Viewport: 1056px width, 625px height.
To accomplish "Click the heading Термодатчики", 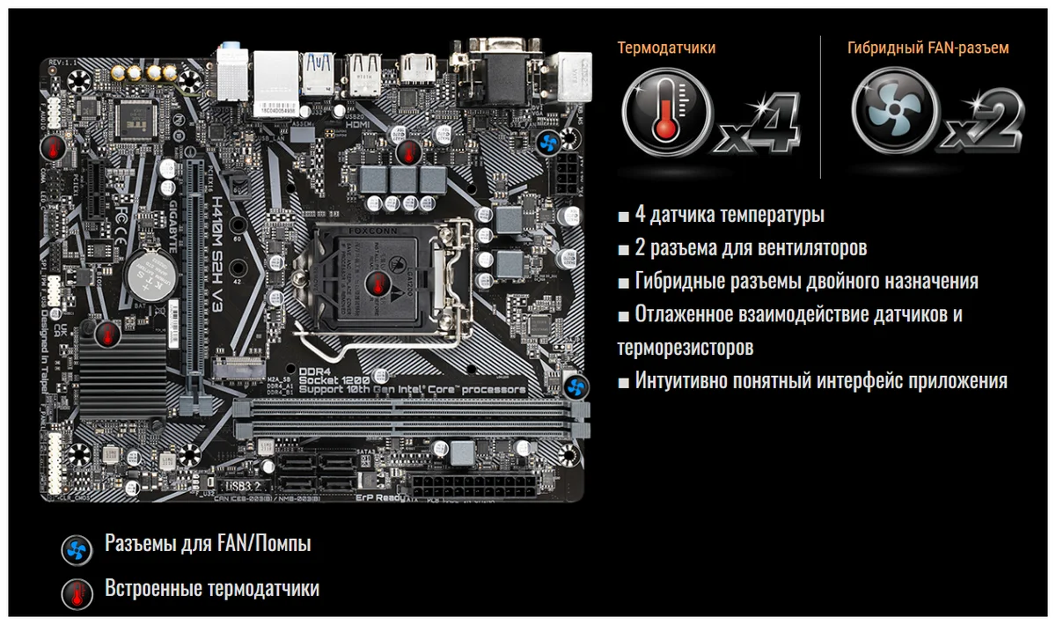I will (666, 48).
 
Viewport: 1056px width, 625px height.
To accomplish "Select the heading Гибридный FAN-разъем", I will (928, 48).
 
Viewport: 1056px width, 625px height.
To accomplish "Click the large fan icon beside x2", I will (891, 113).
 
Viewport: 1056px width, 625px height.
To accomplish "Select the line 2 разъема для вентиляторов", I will (750, 248).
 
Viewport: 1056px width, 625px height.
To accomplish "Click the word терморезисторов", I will (685, 347).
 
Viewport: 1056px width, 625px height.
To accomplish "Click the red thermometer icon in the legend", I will (77, 593).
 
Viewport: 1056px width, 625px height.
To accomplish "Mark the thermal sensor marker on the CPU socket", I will (379, 284).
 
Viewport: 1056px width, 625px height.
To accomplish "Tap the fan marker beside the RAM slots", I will (576, 386).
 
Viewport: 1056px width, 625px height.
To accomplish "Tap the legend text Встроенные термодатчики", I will (211, 588).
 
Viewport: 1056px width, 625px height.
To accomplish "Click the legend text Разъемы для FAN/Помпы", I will (208, 544).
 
